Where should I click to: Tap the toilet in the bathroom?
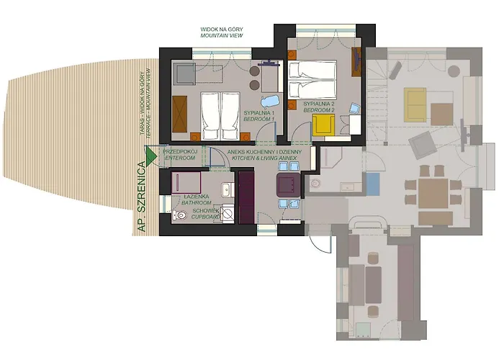pyautogui.click(x=179, y=215)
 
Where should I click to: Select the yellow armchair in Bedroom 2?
pyautogui.click(x=321, y=125)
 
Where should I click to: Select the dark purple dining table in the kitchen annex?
pyautogui.click(x=289, y=184)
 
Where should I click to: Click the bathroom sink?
pyautogui.click(x=225, y=191)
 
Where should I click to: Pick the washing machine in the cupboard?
pyautogui.click(x=228, y=213)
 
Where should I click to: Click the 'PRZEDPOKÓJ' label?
pyautogui.click(x=179, y=153)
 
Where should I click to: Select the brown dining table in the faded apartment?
pyautogui.click(x=434, y=192)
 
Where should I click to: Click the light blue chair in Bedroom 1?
pyautogui.click(x=269, y=102)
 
